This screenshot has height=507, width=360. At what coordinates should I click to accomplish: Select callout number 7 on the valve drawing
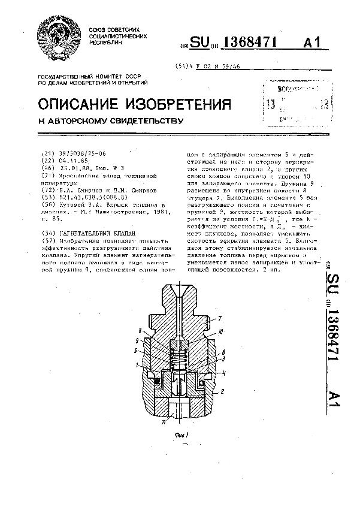tap(220, 318)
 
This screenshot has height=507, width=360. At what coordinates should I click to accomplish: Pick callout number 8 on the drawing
tap(140, 331)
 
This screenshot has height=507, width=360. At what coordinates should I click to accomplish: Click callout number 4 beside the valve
tap(223, 373)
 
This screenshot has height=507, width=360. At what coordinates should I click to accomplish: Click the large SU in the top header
tap(202, 43)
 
